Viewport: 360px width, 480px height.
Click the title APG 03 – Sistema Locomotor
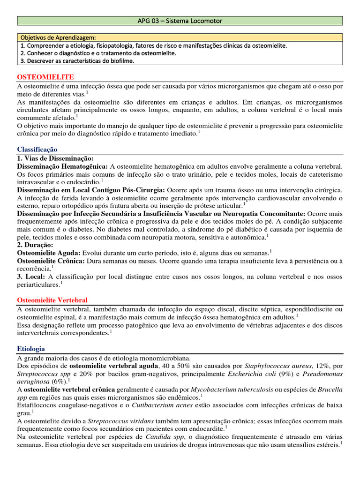click(x=180, y=21)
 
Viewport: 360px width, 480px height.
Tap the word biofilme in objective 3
click(x=119, y=61)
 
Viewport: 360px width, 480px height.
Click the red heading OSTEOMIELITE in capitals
click(x=45, y=76)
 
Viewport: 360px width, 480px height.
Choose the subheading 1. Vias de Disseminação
click(x=55, y=158)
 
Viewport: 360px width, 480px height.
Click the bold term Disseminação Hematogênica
click(x=62, y=166)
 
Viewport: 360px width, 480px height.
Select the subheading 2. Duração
click(x=35, y=245)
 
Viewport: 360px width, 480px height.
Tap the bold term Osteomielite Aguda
click(x=48, y=253)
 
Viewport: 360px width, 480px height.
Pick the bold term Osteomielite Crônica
click(x=51, y=261)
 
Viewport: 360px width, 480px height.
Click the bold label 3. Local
click(x=31, y=277)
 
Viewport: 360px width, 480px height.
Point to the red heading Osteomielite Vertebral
click(x=52, y=300)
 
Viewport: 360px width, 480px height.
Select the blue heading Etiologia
click(x=31, y=349)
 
